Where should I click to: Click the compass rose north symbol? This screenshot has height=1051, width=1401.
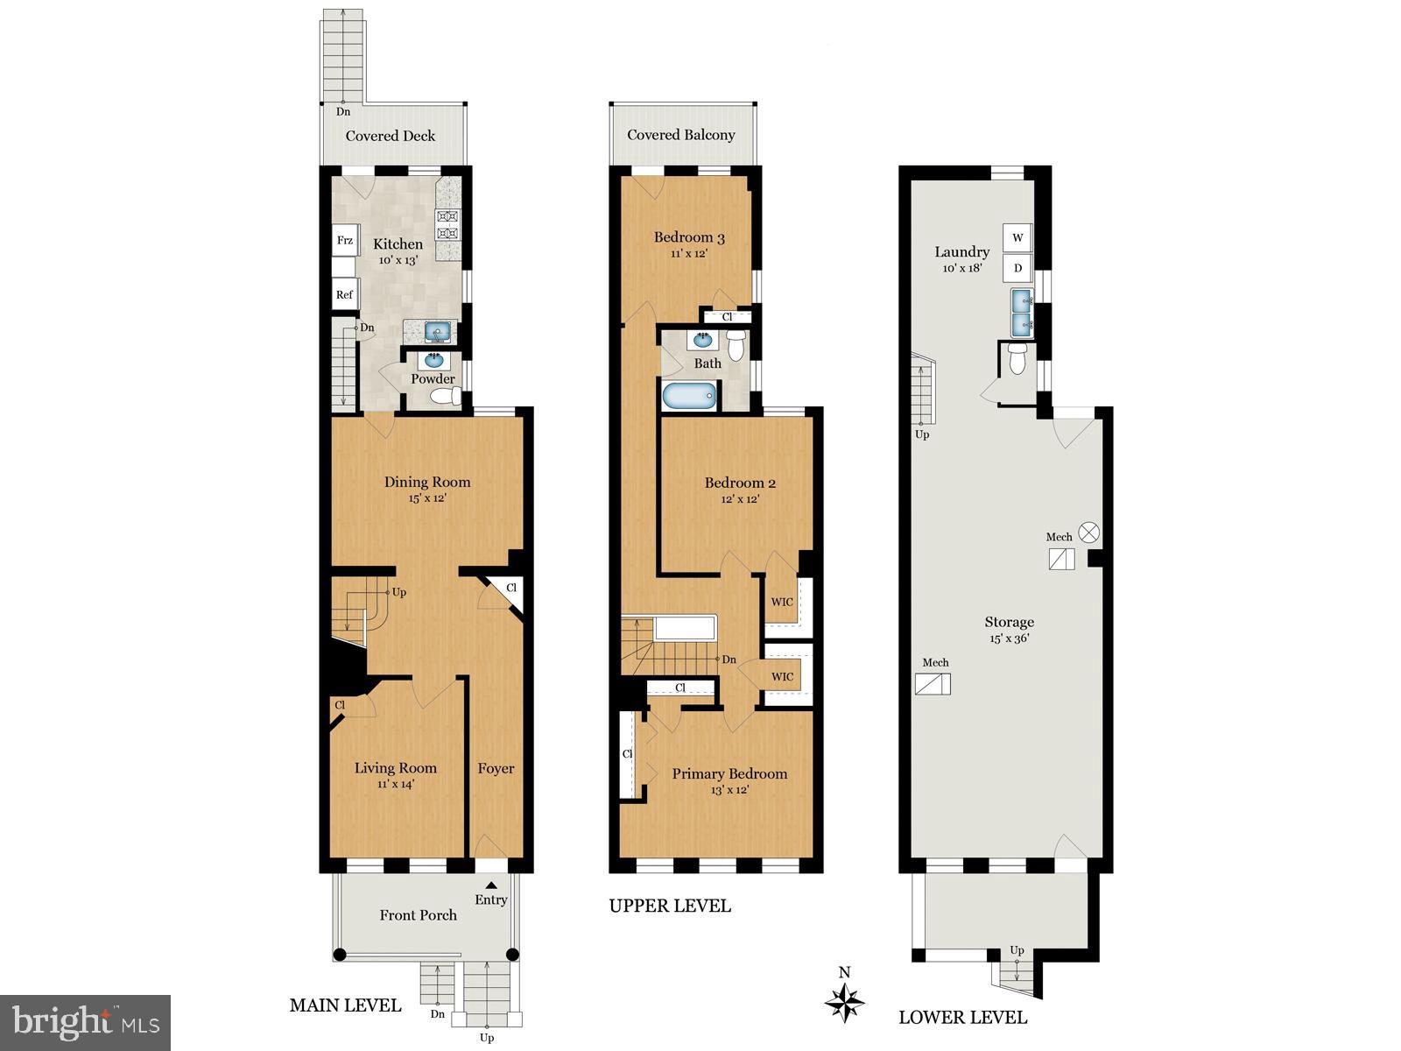(x=845, y=1000)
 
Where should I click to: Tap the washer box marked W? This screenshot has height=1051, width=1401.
(x=1017, y=237)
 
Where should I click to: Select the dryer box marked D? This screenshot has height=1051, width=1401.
(x=1017, y=268)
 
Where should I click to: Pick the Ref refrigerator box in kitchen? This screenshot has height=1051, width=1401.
(x=345, y=294)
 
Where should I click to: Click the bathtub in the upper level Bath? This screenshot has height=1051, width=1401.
(x=689, y=396)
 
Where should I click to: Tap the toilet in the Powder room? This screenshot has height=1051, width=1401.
(x=446, y=398)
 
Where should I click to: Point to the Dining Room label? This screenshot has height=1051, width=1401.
(x=427, y=482)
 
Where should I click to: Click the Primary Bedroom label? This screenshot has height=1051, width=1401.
(x=729, y=773)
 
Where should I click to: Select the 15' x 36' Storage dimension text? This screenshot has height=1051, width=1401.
(x=1009, y=638)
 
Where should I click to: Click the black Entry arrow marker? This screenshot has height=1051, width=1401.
(x=491, y=885)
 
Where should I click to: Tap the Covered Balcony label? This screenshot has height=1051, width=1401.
(x=680, y=135)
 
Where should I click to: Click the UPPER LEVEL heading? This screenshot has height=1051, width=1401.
(x=670, y=906)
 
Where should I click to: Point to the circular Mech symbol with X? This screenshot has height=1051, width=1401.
(x=1088, y=532)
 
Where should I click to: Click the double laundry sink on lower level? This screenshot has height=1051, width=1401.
(x=1022, y=314)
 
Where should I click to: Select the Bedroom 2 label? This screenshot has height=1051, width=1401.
(x=740, y=483)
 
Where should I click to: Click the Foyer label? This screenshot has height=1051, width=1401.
(x=496, y=768)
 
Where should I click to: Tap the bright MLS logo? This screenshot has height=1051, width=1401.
(x=85, y=1022)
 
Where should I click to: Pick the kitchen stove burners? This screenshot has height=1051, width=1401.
(x=447, y=224)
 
